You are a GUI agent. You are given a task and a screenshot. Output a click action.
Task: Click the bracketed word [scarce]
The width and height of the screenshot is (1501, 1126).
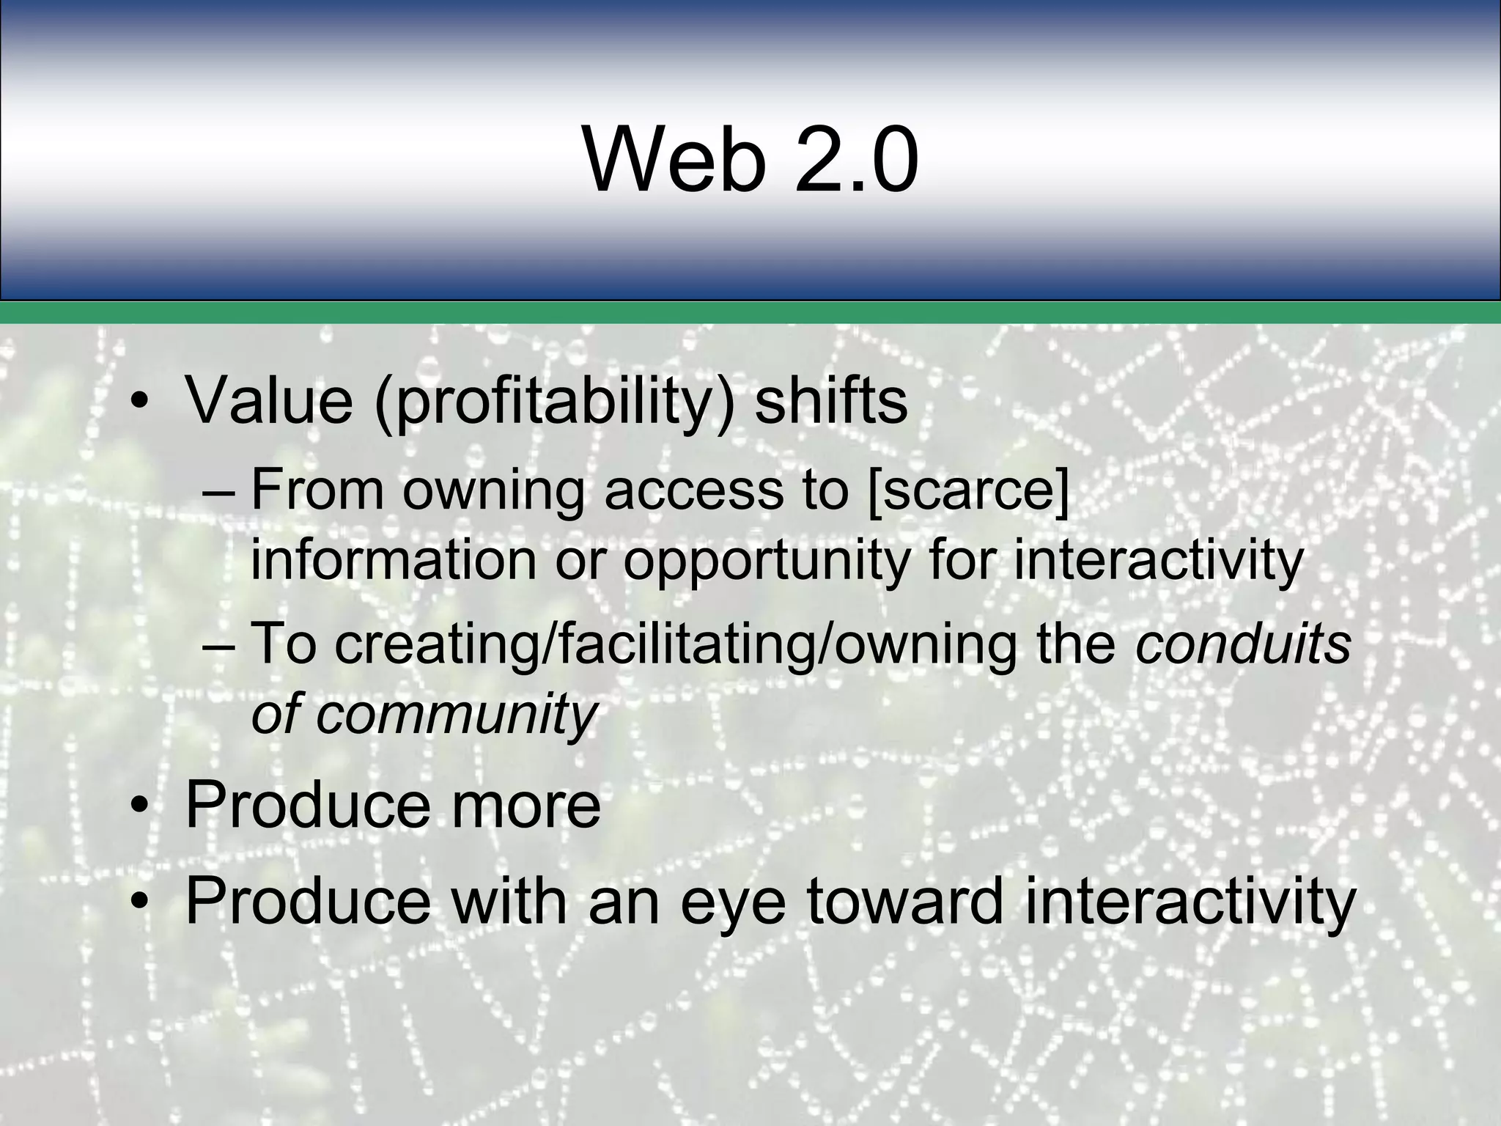(967, 490)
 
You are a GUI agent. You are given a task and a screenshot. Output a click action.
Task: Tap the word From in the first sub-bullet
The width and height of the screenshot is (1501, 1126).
(317, 490)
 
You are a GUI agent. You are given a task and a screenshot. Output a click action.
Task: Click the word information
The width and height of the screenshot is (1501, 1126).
(395, 560)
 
